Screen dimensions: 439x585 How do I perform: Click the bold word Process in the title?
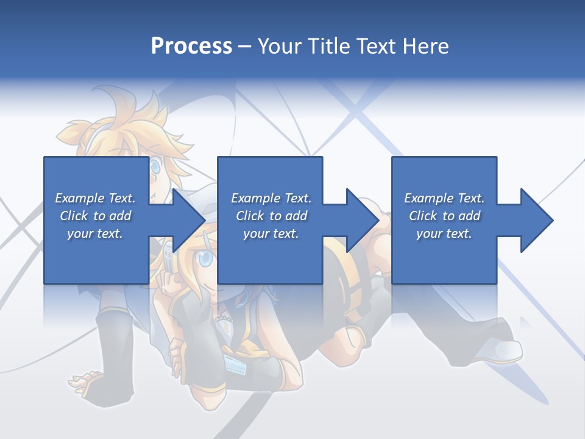191,46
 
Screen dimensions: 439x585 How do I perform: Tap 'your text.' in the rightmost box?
444,234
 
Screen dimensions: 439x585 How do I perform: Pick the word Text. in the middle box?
295,198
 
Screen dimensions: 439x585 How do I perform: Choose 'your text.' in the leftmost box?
94,234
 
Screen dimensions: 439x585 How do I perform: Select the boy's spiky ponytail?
76,131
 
